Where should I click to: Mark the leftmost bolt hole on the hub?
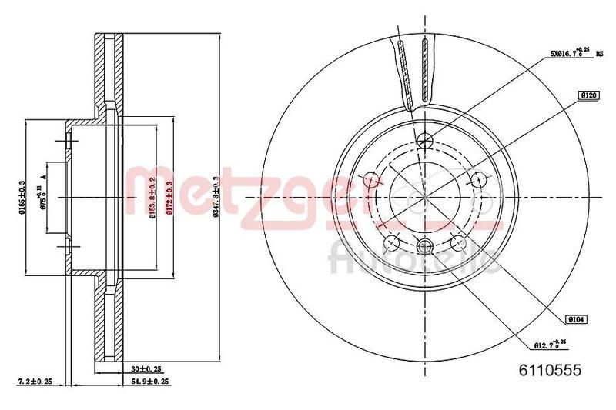[x=374, y=182]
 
